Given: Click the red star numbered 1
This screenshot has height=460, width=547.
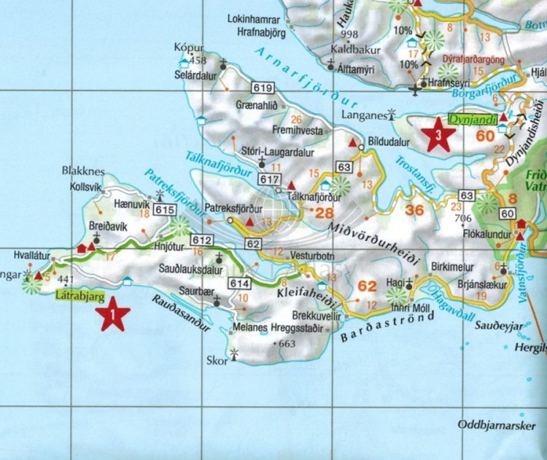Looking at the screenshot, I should pyautogui.click(x=113, y=316).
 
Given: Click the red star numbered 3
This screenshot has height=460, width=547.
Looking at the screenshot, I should pyautogui.click(x=438, y=136).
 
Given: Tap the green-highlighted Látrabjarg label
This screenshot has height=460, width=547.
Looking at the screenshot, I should pyautogui.click(x=80, y=296).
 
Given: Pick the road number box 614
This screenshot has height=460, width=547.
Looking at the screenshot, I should pyautogui.click(x=239, y=283).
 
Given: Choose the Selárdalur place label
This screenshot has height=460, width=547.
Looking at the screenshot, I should pyautogui.click(x=201, y=64).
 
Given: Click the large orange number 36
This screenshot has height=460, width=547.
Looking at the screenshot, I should pyautogui.click(x=414, y=210).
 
